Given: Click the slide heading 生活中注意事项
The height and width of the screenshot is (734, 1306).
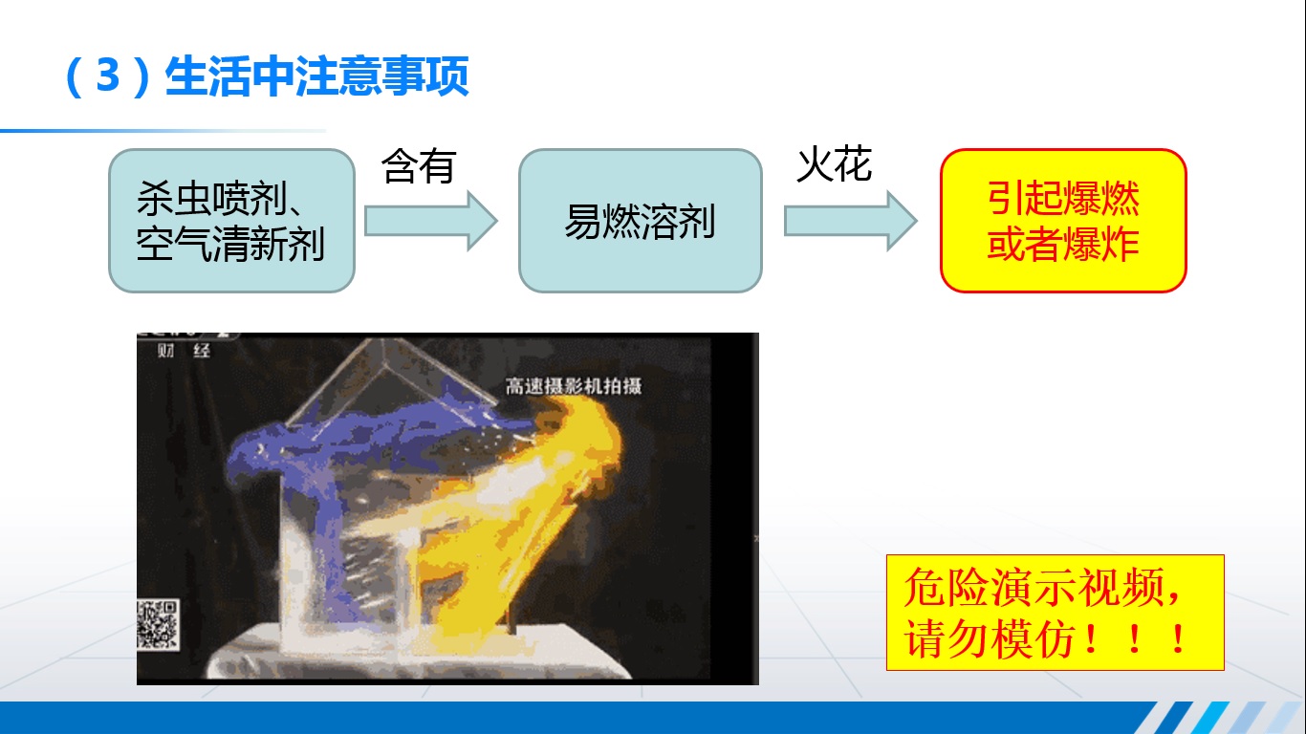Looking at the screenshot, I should pos(316,76).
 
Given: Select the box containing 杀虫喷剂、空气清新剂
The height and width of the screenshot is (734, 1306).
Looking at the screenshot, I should pos(231,221).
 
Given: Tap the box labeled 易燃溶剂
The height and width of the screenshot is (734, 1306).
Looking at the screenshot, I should pos(640,221).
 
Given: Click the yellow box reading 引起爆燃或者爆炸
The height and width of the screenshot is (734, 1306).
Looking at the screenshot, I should pos(1063,221).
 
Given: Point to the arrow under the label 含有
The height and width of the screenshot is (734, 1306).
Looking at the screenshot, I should pos(430,221).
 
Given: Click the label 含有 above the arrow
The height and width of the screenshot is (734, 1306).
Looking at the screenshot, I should pos(418,166).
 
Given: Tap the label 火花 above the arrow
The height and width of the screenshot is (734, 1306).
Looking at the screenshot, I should pos(834,165).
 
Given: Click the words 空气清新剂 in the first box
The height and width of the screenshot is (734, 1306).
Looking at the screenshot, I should pos(230,245).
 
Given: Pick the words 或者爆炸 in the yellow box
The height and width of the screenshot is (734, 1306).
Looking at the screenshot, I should pos(1063,246).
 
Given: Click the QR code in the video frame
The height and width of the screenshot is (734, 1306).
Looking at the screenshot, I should pos(158,624).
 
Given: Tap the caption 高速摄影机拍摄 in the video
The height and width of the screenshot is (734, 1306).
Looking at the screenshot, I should pos(573,386).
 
